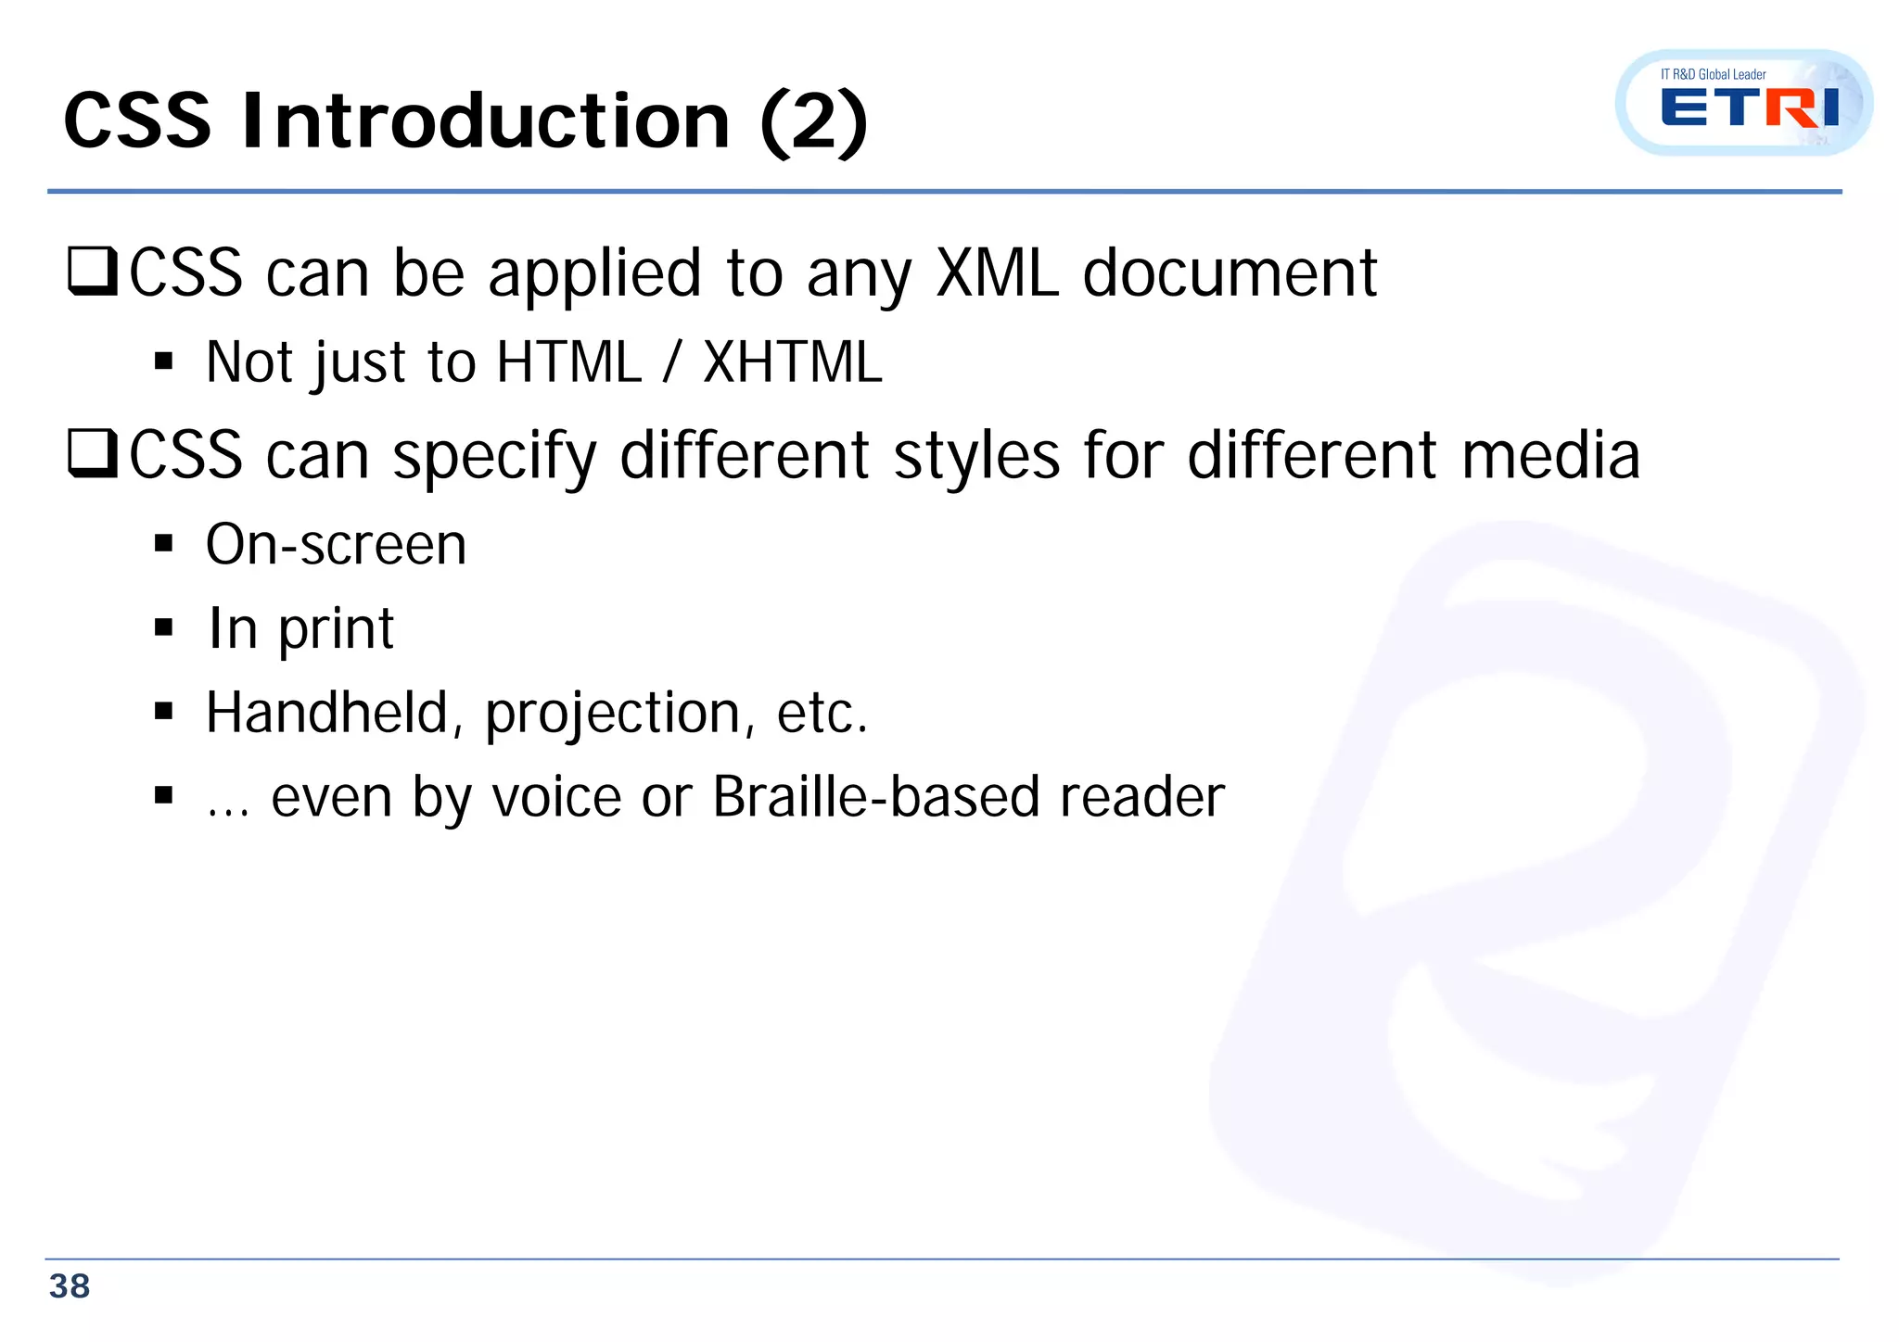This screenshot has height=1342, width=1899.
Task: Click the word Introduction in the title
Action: [486, 121]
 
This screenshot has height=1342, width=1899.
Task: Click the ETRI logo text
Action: [1749, 108]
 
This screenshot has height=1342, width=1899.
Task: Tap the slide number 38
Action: [70, 1286]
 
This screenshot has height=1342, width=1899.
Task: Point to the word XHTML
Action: [793, 361]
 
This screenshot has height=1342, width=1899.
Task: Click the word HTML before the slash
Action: [568, 361]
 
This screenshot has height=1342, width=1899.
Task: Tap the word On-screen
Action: [336, 544]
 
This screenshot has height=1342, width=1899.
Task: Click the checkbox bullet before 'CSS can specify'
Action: [93, 455]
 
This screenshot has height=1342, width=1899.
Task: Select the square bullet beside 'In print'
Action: [164, 628]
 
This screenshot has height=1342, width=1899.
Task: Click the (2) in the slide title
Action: [813, 121]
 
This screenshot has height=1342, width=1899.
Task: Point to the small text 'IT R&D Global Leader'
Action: [1713, 74]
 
